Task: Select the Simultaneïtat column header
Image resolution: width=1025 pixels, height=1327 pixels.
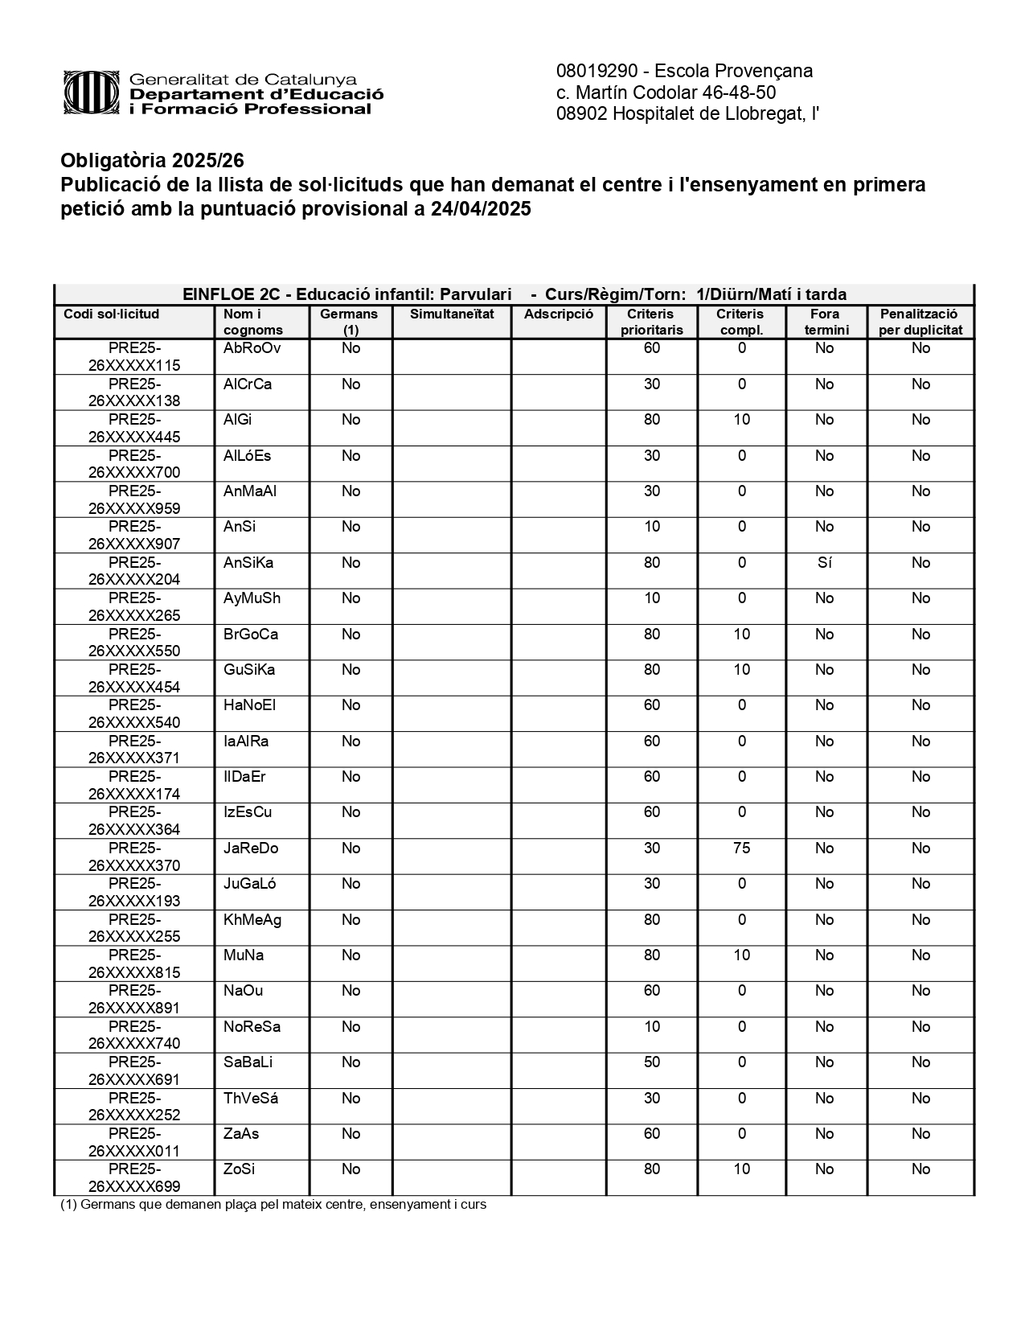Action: click(452, 314)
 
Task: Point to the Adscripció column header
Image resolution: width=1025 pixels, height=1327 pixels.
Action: click(558, 314)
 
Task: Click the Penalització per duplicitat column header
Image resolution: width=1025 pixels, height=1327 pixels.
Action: click(920, 322)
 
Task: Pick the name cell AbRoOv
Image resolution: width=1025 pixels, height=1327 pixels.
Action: click(252, 348)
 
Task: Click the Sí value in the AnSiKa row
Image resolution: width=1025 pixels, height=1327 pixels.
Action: click(824, 563)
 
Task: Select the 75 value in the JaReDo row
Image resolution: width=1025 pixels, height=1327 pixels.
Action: click(741, 848)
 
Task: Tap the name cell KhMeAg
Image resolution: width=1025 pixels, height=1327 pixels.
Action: click(252, 920)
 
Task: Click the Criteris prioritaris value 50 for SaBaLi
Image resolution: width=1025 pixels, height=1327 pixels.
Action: click(652, 1062)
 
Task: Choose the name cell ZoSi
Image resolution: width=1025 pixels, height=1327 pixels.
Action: click(240, 1169)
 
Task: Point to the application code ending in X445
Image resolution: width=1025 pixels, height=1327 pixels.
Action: click(134, 429)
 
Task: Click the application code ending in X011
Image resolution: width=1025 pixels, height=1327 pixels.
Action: click(134, 1143)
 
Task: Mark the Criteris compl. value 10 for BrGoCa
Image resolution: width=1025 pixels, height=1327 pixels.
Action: click(741, 635)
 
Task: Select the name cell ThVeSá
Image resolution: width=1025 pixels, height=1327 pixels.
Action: click(251, 1099)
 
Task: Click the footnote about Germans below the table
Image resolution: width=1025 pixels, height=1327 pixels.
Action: click(273, 1205)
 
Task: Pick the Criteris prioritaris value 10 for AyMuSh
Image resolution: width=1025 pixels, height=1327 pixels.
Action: click(652, 598)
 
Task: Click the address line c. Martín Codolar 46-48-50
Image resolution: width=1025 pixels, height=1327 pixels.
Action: click(666, 92)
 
